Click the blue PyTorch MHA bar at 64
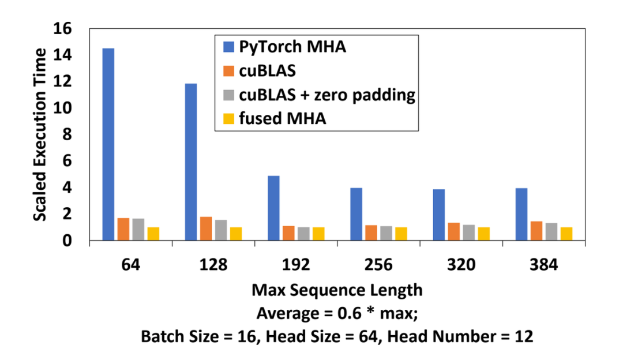click(108, 144)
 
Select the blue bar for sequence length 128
click(191, 162)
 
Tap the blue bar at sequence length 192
click(273, 208)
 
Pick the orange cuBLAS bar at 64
click(122, 228)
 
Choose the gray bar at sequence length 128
click(220, 230)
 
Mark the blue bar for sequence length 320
click(439, 214)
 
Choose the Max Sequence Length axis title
click(337, 290)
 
